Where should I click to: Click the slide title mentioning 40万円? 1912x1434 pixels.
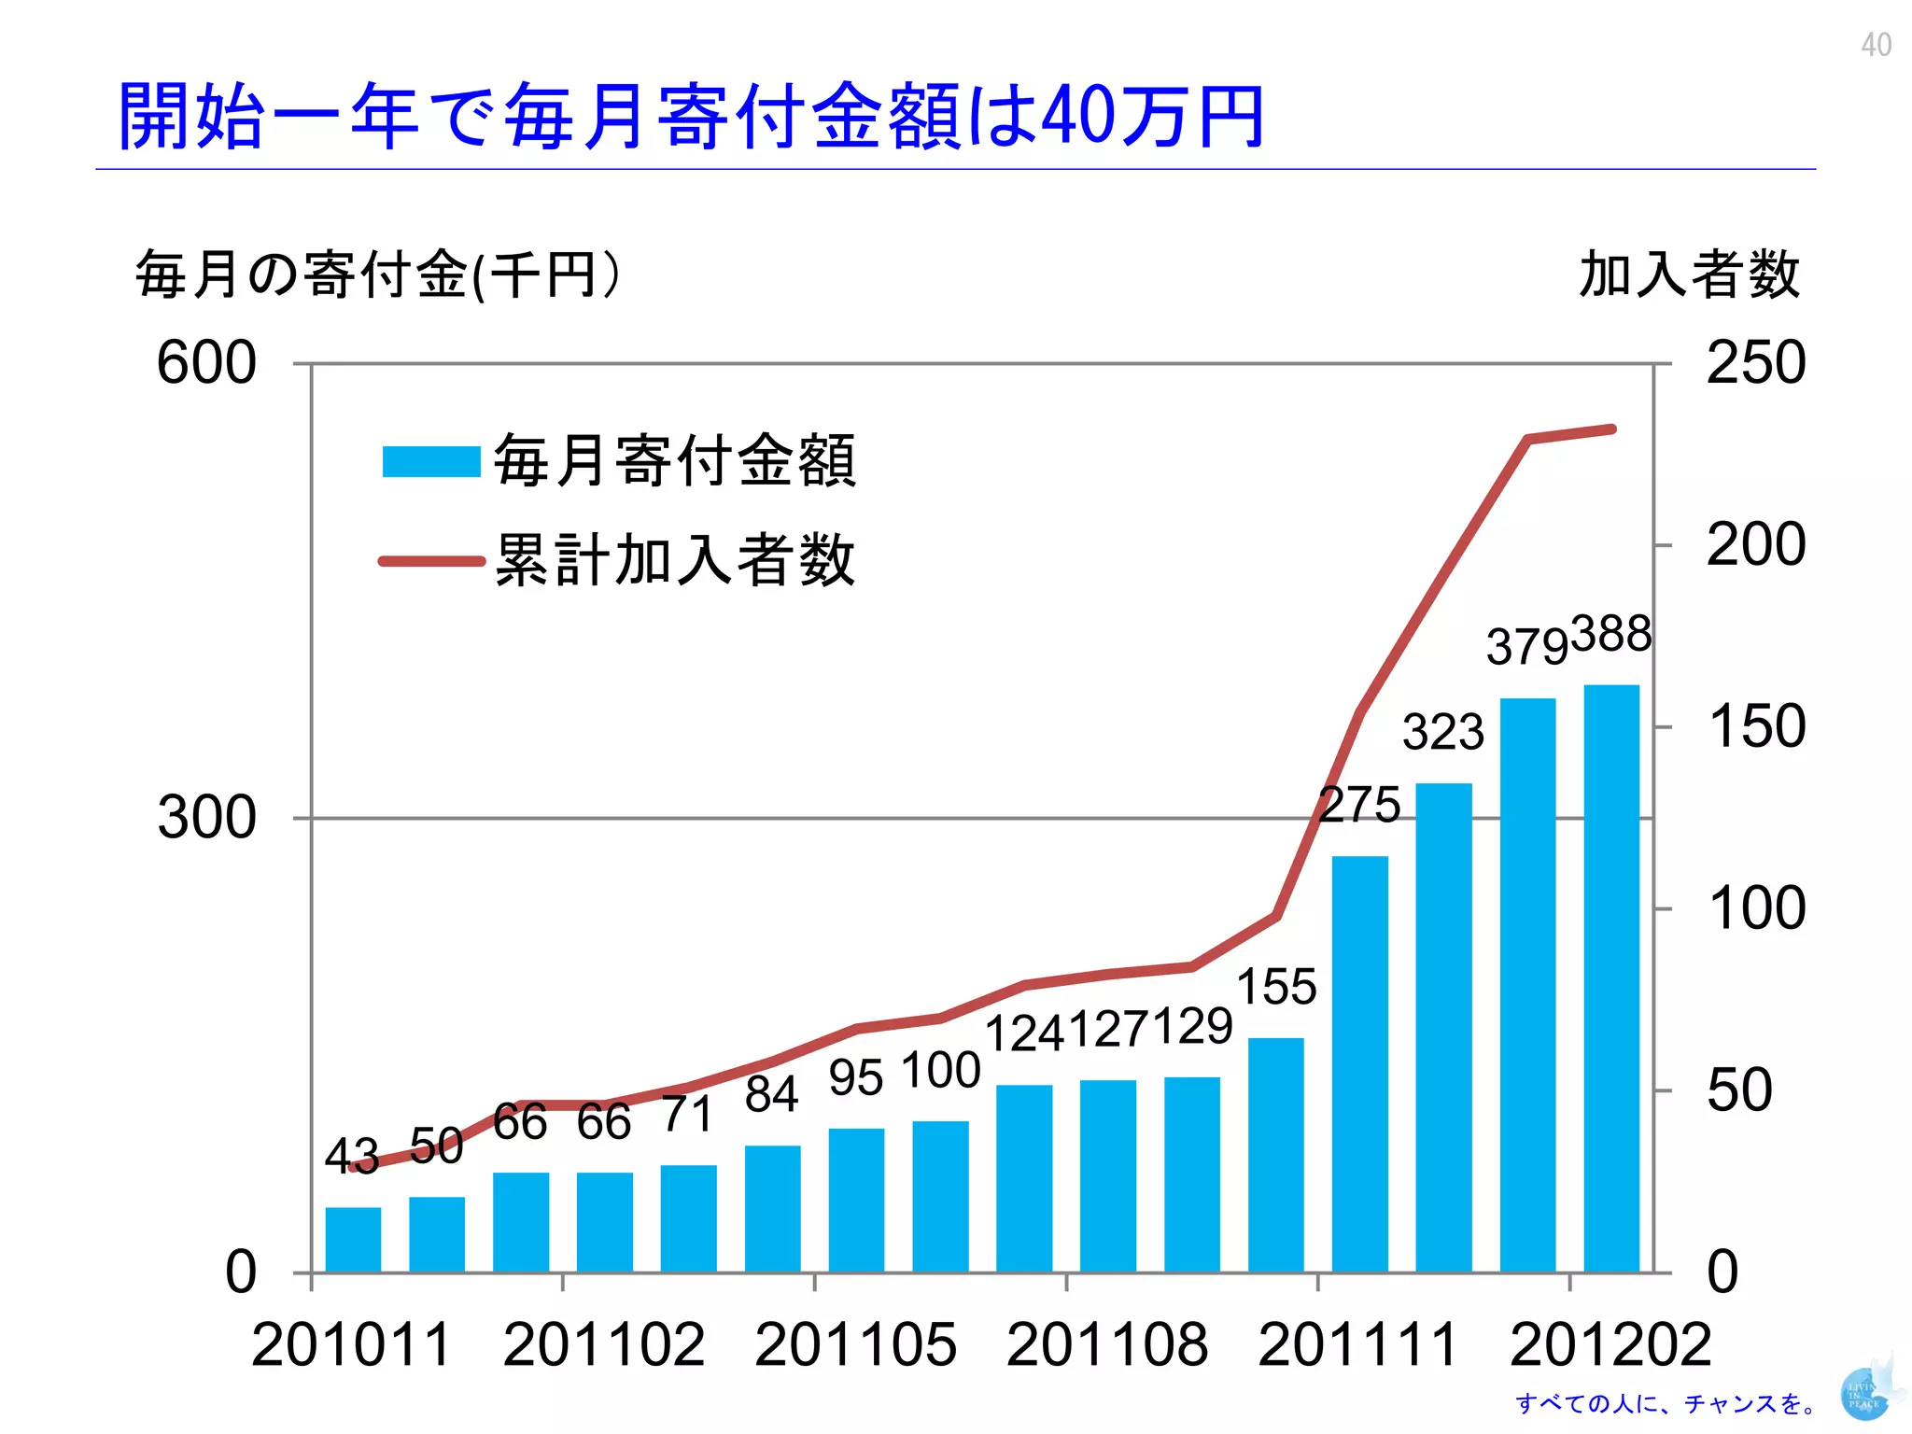tap(691, 117)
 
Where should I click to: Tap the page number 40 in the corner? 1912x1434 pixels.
tap(1876, 45)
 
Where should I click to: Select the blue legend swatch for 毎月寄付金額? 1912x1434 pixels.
tap(430, 461)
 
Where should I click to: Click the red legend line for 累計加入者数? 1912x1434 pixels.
tap(430, 561)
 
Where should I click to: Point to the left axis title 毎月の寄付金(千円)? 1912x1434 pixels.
tap(377, 274)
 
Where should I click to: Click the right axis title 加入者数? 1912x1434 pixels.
tap(1689, 274)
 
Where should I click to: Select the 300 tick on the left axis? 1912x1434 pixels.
tap(205, 818)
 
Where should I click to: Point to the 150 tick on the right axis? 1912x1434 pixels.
tap(1755, 726)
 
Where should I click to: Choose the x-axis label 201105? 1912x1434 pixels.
tap(855, 1344)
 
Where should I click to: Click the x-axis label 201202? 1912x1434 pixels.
tap(1610, 1344)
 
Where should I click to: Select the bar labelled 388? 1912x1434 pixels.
tap(1611, 980)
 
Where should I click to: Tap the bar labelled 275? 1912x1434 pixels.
tap(1359, 1064)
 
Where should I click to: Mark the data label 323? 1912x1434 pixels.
tap(1442, 732)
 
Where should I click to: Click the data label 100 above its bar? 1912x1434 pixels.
tap(941, 1070)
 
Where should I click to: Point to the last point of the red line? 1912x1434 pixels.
tap(1612, 429)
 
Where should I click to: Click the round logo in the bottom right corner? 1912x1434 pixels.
tap(1863, 1394)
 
